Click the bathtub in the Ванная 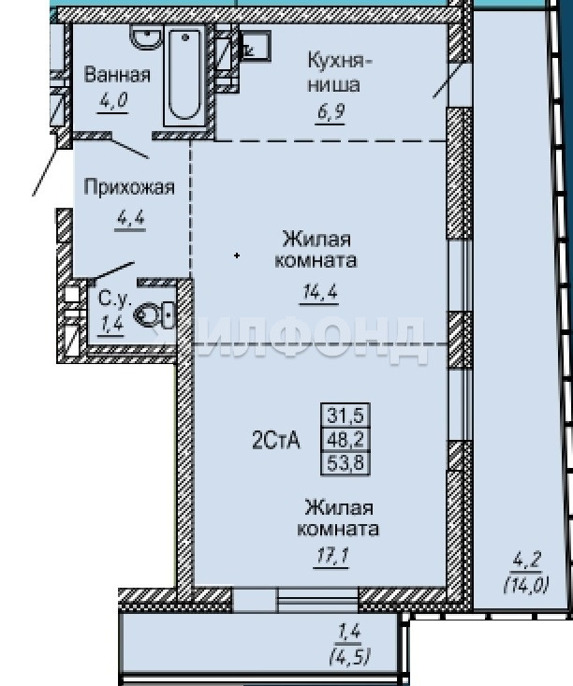tap(184, 75)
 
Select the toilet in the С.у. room tap(154, 314)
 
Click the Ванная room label tap(117, 75)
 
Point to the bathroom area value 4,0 tap(113, 101)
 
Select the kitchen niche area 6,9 tap(331, 112)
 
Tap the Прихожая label tap(129, 187)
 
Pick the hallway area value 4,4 tap(130, 217)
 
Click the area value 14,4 tap(319, 292)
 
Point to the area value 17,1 tap(331, 557)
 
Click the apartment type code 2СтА tap(276, 440)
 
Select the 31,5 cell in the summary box tap(345, 415)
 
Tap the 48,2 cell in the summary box tap(345, 439)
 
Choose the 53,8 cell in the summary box tap(345, 463)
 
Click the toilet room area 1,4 tap(110, 325)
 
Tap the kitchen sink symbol tap(255, 45)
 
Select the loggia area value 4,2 tap(526, 560)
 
